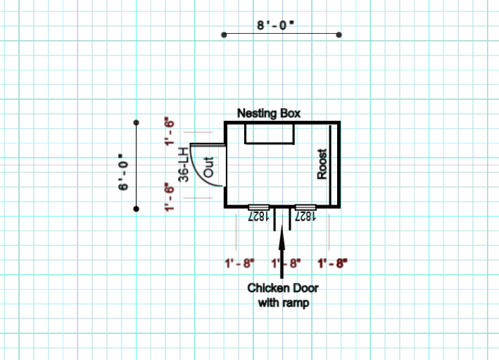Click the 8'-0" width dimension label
[276, 25]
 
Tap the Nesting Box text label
[269, 112]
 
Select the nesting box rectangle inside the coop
[269, 133]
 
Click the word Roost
[322, 165]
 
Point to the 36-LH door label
[184, 165]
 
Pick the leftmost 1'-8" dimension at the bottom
[239, 264]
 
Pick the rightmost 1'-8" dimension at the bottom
[332, 264]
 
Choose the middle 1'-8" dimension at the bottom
[286, 264]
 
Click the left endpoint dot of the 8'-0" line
[223, 34]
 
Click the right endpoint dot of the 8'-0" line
[339, 34]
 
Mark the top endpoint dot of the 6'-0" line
[137, 122]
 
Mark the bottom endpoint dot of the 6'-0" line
[137, 209]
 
